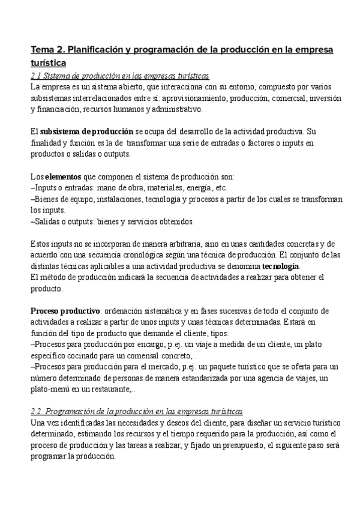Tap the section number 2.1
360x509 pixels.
pos(35,76)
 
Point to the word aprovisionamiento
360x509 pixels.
pos(194,98)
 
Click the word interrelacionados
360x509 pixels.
pos(105,98)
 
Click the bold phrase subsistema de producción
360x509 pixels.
pos(86,131)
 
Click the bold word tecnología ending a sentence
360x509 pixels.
pos(280,266)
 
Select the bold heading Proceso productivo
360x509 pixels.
pos(65,311)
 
